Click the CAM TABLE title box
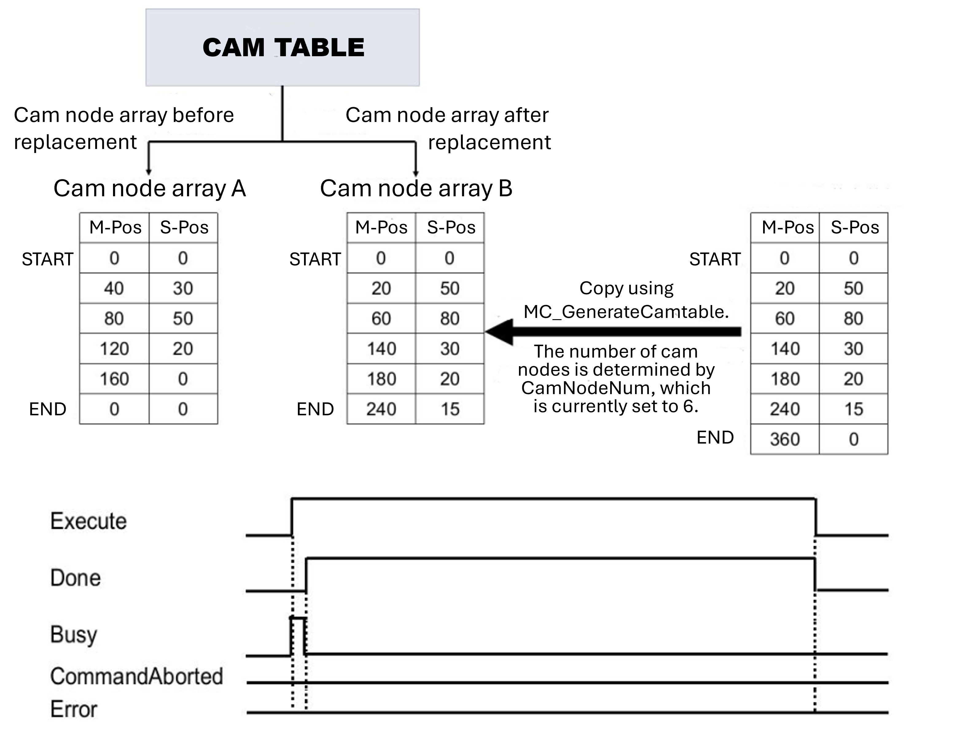pyautogui.click(x=283, y=48)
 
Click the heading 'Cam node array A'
pyautogui.click(x=150, y=188)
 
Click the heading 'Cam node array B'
pyautogui.click(x=416, y=188)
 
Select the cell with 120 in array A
pyautogui.click(x=114, y=349)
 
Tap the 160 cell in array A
pyautogui.click(x=114, y=379)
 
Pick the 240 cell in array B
pyautogui.click(x=381, y=409)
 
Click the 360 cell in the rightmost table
pyautogui.click(x=785, y=439)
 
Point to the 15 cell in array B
pyautogui.click(x=450, y=409)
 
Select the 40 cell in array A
pyautogui.click(x=114, y=288)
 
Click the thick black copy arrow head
pyautogui.click(x=500, y=332)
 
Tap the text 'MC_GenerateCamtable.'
pyautogui.click(x=626, y=312)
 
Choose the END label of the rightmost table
pyautogui.click(x=715, y=437)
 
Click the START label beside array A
pyautogui.click(x=48, y=259)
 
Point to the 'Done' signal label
pyautogui.click(x=75, y=578)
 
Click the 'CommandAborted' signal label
pyautogui.click(x=137, y=676)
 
